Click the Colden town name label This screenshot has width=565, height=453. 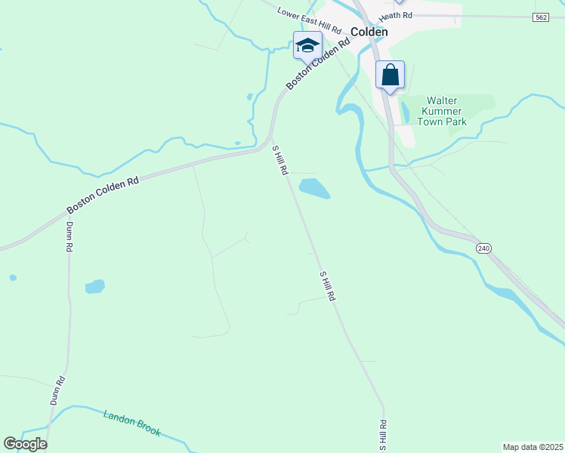pos(369,32)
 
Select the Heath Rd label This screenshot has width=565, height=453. pos(396,16)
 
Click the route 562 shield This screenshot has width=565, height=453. pos(540,17)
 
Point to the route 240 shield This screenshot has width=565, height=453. pos(484,248)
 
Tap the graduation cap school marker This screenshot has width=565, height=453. pos(307,45)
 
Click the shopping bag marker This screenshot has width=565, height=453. pos(390,75)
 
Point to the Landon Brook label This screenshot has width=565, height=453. pos(133,423)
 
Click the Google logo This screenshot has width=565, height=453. pos(25,444)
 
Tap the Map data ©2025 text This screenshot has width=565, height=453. pos(533,446)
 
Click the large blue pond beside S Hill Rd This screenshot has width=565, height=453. pos(314,188)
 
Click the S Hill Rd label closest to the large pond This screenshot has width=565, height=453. pos(280,161)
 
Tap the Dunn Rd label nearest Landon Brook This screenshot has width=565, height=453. pos(58,391)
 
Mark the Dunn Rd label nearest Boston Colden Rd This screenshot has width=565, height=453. pos(69,236)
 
